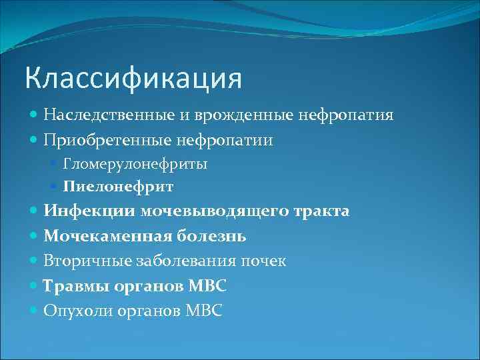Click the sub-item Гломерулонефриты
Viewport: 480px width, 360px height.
135,163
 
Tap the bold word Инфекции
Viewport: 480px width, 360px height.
90,211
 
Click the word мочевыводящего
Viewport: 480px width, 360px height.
215,211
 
